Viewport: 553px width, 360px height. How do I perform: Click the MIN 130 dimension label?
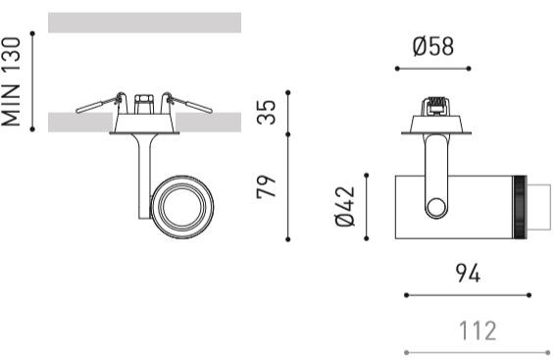tap(11, 81)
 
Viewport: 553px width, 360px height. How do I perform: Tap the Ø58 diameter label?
tap(433, 46)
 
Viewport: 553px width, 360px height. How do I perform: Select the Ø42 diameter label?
tap(345, 206)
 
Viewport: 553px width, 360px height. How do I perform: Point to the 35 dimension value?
tap(266, 112)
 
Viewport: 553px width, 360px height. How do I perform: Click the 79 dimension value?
tap(266, 186)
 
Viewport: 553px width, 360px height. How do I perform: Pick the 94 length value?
tap(468, 273)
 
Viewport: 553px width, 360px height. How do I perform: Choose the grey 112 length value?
tap(478, 331)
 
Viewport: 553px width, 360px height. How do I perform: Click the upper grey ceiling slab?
tap(144, 23)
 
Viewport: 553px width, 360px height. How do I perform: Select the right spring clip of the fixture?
tap(187, 103)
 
